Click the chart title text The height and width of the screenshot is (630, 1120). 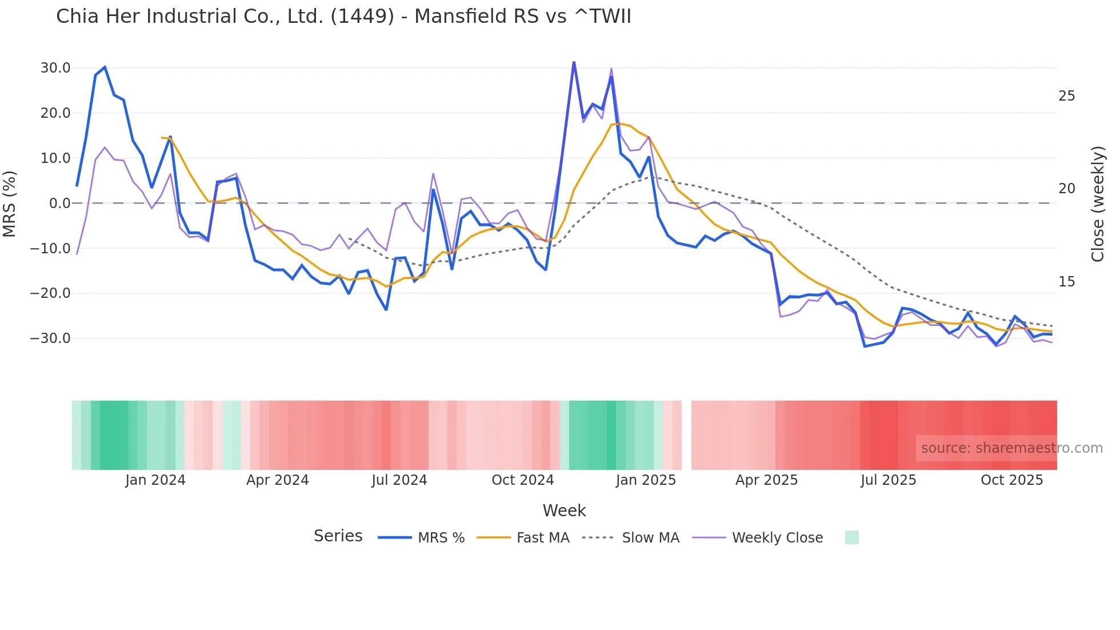pos(343,17)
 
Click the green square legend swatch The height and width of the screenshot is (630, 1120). pos(851,537)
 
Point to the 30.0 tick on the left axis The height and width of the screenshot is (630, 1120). pos(55,68)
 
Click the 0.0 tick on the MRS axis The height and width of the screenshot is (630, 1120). pos(59,204)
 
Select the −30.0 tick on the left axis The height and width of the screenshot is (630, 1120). pos(50,338)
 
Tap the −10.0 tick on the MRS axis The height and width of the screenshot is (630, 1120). pos(50,249)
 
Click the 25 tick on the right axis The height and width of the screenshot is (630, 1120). pos(1066,96)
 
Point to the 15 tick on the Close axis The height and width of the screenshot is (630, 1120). pos(1066,282)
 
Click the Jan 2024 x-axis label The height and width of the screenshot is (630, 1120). pos(155,480)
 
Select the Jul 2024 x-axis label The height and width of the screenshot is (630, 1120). pos(399,480)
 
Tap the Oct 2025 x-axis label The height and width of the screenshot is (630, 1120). pos(1011,480)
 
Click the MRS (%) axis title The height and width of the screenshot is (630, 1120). pos(10,204)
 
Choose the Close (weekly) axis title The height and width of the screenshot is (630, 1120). pos(1098,204)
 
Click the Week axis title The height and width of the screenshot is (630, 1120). pos(564,511)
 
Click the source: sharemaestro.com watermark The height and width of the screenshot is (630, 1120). pos(1011,448)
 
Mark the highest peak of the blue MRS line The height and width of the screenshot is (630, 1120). pos(574,62)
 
